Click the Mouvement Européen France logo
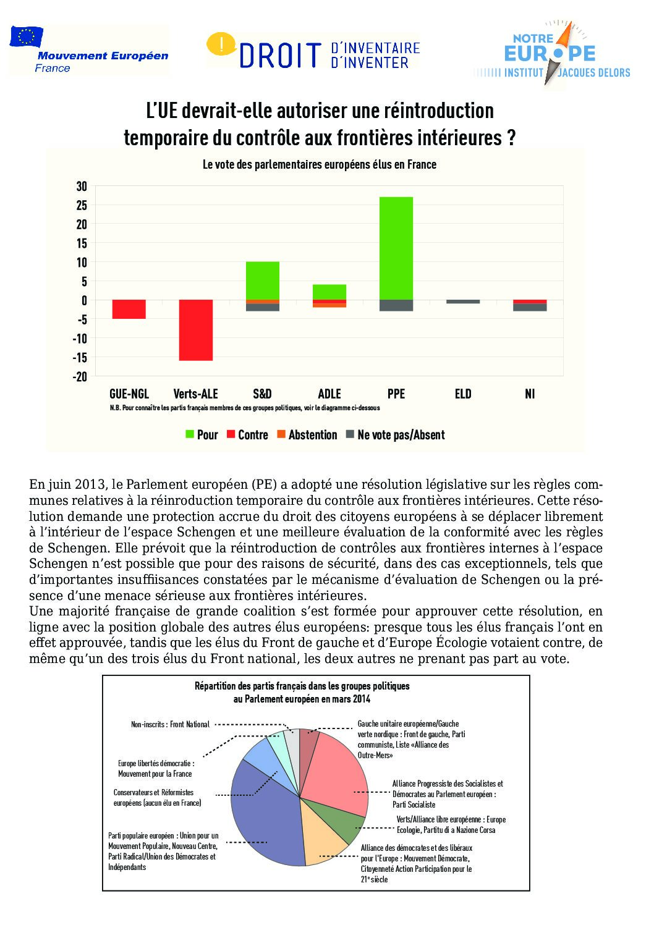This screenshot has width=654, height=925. pyautogui.click(x=88, y=51)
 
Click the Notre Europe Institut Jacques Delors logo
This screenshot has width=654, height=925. pyautogui.click(x=551, y=53)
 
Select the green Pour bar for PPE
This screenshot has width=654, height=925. pyautogui.click(x=396, y=248)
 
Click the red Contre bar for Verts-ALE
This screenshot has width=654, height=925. pyautogui.click(x=196, y=330)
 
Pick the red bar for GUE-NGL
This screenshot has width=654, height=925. pyautogui.click(x=129, y=309)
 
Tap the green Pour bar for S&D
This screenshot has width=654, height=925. pyautogui.click(x=263, y=281)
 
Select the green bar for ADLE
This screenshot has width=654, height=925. pyautogui.click(x=329, y=292)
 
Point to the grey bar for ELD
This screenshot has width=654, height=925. pyautogui.click(x=463, y=302)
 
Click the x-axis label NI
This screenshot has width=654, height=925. pyautogui.click(x=530, y=394)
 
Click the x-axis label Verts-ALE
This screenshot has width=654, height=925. pyautogui.click(x=196, y=394)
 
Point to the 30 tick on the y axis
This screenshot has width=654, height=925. pyautogui.click(x=82, y=186)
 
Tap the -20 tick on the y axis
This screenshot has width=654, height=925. pyautogui.click(x=80, y=376)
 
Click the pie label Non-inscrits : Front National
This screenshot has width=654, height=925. pyautogui.click(x=170, y=724)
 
